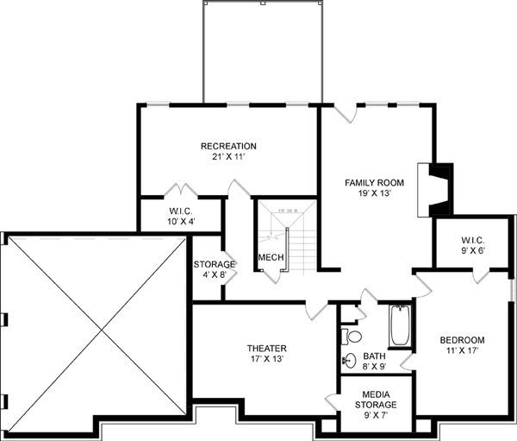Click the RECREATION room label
point(228,146)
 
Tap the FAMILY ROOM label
point(374,183)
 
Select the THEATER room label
point(266,349)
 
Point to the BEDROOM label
point(462,339)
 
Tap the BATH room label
point(374,356)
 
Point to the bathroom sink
point(349,362)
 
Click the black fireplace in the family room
point(439,189)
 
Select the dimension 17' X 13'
point(266,361)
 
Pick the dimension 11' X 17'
point(462,351)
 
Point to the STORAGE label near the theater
point(215,264)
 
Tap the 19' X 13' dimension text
point(374,194)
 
